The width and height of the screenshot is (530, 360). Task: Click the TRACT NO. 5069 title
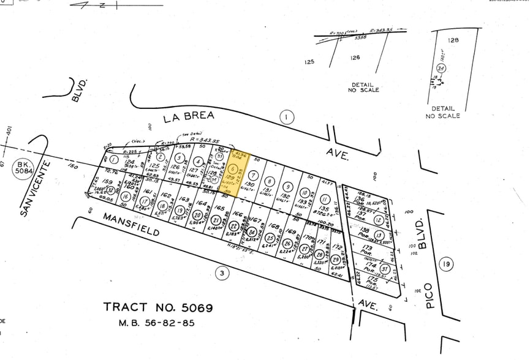[x=158, y=307]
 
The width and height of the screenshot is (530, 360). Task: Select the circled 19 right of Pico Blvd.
[x=446, y=264]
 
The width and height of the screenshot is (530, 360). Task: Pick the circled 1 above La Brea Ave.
[x=286, y=116]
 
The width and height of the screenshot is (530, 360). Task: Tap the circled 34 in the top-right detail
[x=441, y=68]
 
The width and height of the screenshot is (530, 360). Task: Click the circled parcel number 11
[x=325, y=198]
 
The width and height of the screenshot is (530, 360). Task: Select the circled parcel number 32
[x=110, y=190]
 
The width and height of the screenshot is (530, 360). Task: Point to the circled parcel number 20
[x=197, y=216]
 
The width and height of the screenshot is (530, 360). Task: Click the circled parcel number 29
[x=335, y=260]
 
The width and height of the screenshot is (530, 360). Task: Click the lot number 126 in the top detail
[x=355, y=58]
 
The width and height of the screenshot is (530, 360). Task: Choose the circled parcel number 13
[x=380, y=235]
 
